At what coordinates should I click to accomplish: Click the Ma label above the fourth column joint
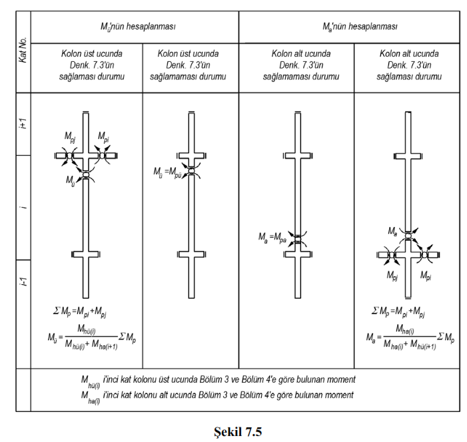coord(394,230)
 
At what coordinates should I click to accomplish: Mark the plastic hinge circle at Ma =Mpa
coord(298,235)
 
